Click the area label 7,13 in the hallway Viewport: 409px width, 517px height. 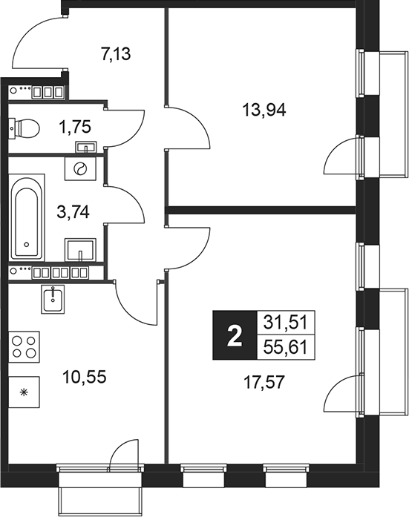click(117, 53)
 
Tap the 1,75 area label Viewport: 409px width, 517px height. click(76, 127)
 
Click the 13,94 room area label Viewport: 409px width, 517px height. click(264, 110)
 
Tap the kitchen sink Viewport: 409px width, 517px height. click(53, 300)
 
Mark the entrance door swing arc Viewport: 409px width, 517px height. click(33, 37)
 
